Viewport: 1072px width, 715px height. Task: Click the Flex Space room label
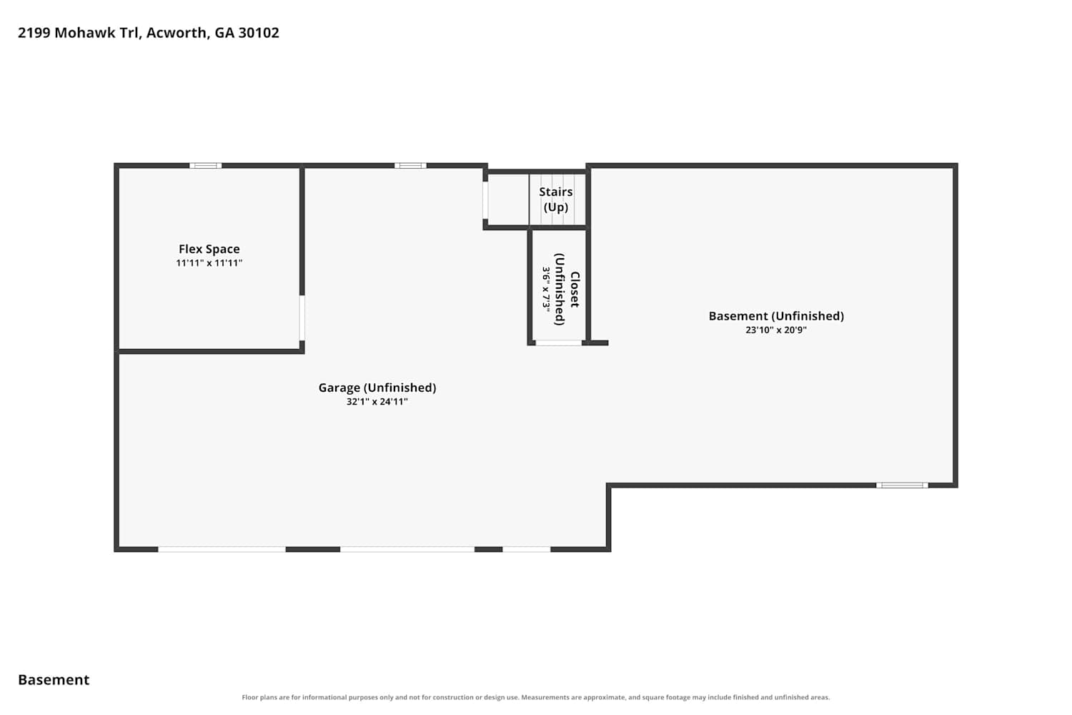(x=209, y=249)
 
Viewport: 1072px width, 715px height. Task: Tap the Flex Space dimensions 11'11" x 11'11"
(x=209, y=263)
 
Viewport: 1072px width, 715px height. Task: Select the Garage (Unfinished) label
(x=377, y=388)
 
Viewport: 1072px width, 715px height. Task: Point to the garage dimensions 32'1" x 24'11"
(x=377, y=401)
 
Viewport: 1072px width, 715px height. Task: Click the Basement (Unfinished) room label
(x=776, y=316)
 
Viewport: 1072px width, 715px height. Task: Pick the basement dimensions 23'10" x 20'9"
(x=776, y=330)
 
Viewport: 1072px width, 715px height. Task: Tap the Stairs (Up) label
(x=555, y=199)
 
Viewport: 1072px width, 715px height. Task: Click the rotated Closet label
(x=575, y=290)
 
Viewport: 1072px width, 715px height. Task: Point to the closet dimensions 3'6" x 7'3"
(x=546, y=290)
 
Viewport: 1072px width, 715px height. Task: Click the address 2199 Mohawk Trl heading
(x=79, y=33)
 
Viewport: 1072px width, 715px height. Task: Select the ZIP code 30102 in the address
(x=259, y=33)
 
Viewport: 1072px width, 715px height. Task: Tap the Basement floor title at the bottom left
(x=54, y=679)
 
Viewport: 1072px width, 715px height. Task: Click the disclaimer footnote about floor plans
(x=535, y=697)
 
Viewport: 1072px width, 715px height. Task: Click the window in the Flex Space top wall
(x=205, y=166)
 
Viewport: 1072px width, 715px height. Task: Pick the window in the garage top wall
(x=410, y=166)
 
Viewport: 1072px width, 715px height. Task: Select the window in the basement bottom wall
(x=902, y=485)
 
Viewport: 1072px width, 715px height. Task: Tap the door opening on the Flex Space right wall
(x=302, y=318)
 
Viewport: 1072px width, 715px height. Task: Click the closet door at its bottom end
(x=558, y=343)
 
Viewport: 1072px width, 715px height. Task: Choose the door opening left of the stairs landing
(x=485, y=200)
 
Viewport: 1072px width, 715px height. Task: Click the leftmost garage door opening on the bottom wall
(x=222, y=549)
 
